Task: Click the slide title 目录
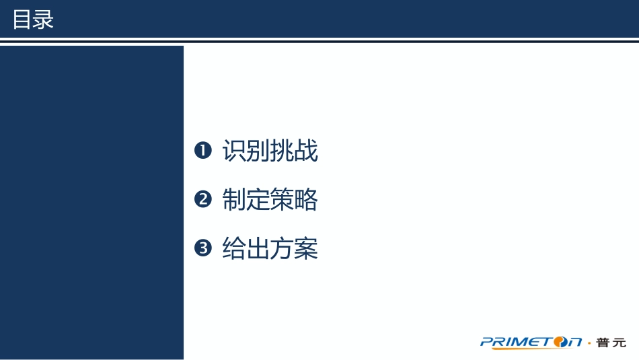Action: click(x=33, y=20)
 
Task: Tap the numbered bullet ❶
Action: click(x=202, y=151)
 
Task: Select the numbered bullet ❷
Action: click(x=202, y=200)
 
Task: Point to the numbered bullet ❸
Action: click(x=202, y=248)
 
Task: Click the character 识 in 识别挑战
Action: click(x=234, y=151)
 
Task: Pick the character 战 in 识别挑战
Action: click(x=306, y=151)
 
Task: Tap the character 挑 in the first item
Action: click(x=282, y=151)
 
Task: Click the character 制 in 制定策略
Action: click(x=234, y=200)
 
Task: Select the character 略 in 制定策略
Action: click(x=306, y=200)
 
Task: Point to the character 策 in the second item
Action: click(x=282, y=200)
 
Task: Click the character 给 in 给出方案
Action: click(x=234, y=248)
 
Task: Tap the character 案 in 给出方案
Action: click(x=306, y=248)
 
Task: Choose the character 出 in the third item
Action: click(x=258, y=248)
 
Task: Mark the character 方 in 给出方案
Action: click(x=282, y=248)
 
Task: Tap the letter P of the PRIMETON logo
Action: click(x=486, y=342)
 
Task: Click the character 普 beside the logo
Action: click(x=602, y=343)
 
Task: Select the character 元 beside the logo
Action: click(x=619, y=343)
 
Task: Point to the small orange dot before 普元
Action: click(x=590, y=343)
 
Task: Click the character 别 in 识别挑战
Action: click(x=258, y=151)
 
